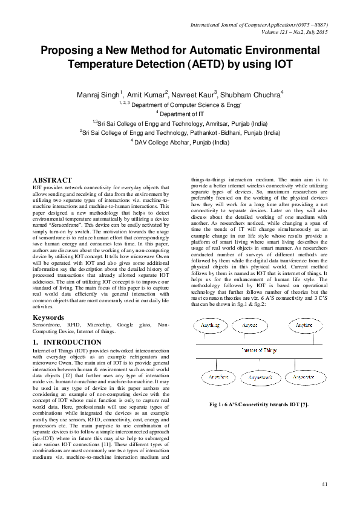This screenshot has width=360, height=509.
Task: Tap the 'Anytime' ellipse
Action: point(304,325)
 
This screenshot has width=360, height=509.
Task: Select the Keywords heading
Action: point(48,317)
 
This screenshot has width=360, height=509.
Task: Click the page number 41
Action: point(324,484)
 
